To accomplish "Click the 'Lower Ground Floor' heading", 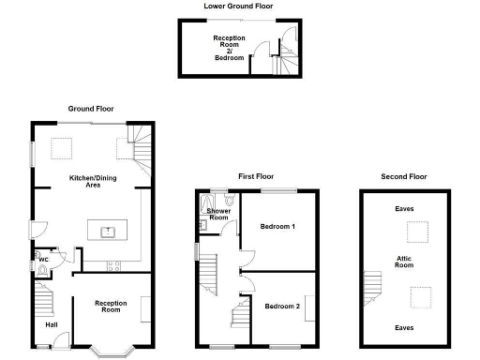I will (x=239, y=6).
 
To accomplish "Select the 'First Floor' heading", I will (x=256, y=176).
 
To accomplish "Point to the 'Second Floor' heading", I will (x=404, y=176).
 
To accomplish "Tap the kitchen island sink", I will (x=109, y=230).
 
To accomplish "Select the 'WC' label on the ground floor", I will (x=44, y=260).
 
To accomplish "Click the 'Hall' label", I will (x=52, y=325).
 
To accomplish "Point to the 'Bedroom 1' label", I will (x=278, y=227).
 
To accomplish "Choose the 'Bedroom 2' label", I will (x=281, y=307).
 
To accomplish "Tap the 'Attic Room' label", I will (x=404, y=262).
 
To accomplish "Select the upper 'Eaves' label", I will (x=404, y=209).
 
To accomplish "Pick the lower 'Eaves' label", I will (x=404, y=328).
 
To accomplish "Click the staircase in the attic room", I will (x=373, y=286).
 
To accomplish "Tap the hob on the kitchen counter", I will (x=113, y=265).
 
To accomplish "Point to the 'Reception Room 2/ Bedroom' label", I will (x=229, y=48).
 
